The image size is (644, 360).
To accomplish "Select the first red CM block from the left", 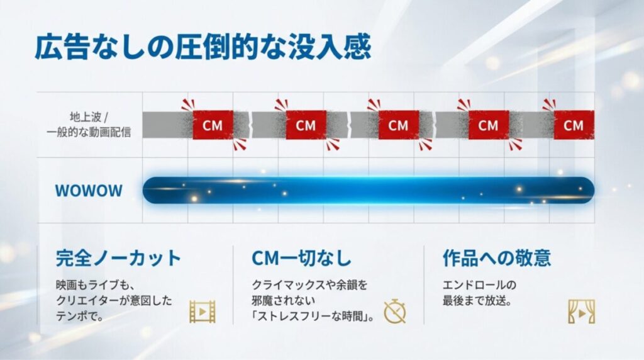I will coord(213,125).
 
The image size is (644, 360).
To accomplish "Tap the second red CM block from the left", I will coord(306,125).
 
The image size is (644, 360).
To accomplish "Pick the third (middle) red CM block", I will coord(398,125).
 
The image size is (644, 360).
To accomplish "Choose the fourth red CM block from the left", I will coord(488,125).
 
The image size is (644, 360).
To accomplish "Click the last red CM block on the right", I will coord(573,125).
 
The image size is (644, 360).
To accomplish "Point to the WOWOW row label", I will coord(89,191).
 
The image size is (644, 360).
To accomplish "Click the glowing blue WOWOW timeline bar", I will coord(368,190).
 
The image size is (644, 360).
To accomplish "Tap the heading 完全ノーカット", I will coord(118,258).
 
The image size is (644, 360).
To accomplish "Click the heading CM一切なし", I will coord(301,258).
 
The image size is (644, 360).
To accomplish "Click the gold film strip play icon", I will coord(203,312).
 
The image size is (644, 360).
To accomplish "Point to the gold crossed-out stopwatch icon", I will coord(395,311).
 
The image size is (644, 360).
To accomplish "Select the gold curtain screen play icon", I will coord(581,312).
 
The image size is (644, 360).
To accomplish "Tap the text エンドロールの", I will coord(479,284).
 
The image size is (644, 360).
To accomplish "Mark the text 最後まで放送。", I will coord(477,301).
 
